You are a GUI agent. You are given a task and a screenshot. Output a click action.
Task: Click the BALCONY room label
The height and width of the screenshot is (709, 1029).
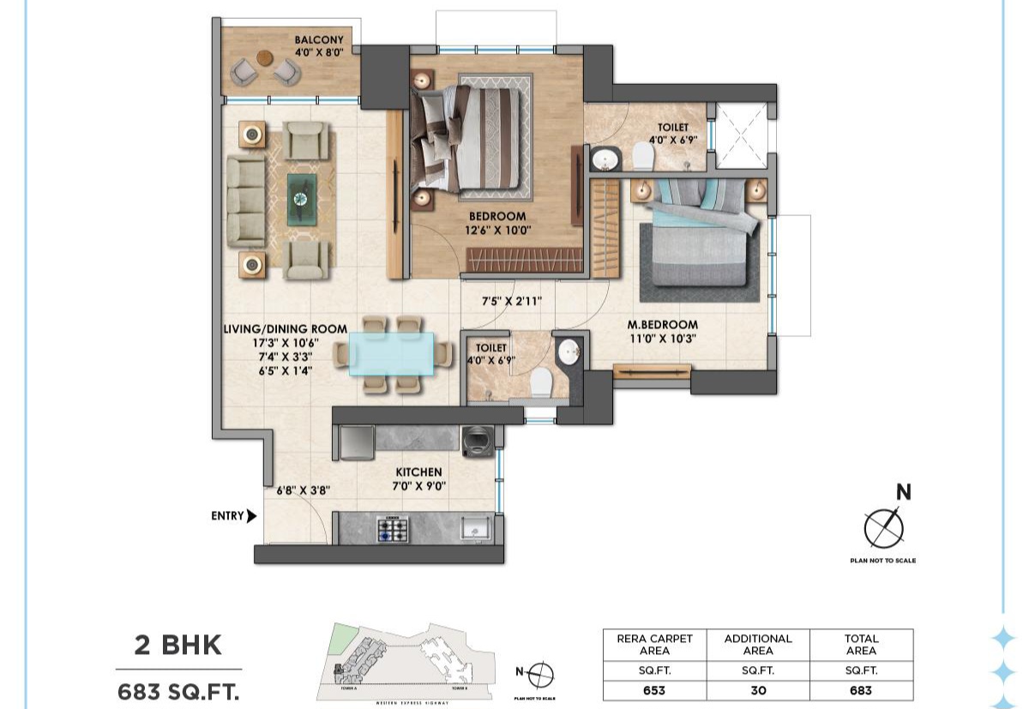coord(319,40)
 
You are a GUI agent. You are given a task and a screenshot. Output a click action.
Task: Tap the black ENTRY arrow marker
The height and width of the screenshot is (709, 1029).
coord(251,516)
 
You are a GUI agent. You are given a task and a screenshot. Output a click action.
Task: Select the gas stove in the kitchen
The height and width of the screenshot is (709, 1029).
coord(391,529)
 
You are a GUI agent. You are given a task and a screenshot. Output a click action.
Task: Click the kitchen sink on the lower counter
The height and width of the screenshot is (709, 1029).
coord(474,528)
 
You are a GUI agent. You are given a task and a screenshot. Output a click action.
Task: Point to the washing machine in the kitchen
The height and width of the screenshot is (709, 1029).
coord(475,441)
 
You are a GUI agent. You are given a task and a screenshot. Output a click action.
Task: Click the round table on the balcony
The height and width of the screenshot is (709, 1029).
coord(264,58)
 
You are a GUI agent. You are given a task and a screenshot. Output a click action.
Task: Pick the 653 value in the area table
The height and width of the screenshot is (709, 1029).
coord(655,690)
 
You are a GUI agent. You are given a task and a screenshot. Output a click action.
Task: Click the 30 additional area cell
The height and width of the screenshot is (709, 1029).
coord(758,690)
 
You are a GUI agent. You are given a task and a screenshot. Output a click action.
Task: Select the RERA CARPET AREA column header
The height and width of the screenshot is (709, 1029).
coord(655,645)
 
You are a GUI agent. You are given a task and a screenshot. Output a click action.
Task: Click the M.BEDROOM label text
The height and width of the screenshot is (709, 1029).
coord(661,325)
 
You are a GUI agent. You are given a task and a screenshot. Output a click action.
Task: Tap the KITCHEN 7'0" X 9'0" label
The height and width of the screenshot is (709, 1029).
coord(418,479)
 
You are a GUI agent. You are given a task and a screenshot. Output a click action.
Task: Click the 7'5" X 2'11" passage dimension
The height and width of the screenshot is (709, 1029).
coord(510,301)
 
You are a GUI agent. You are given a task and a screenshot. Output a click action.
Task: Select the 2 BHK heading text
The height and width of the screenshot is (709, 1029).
coord(178,646)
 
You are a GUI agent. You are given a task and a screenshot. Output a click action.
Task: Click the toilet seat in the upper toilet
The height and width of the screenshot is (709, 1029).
coord(642,156)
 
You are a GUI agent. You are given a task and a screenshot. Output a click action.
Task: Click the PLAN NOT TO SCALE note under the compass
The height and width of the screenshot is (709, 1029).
coord(883,561)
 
